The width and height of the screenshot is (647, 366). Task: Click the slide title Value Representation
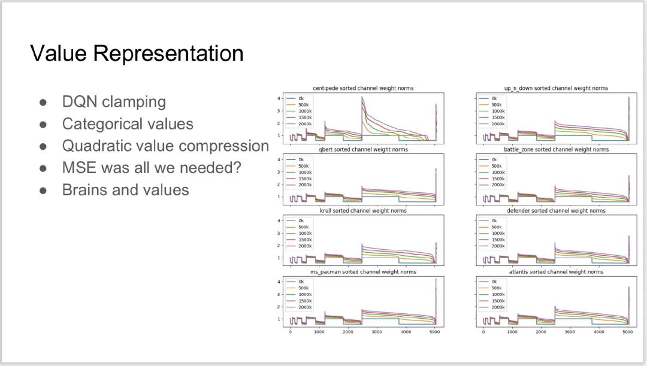click(x=137, y=54)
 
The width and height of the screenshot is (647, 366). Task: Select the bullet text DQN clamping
click(x=114, y=101)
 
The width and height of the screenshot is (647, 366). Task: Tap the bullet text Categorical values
click(x=128, y=124)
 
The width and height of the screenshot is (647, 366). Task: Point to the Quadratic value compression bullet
click(x=165, y=146)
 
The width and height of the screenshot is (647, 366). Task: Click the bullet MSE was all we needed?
click(x=152, y=168)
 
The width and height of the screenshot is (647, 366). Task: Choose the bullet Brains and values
click(x=125, y=190)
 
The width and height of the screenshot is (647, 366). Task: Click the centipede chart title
click(x=363, y=88)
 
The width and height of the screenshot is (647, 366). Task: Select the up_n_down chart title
click(x=556, y=88)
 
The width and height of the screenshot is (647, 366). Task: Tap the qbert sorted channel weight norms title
click(x=363, y=149)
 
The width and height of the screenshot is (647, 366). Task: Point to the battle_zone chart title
click(x=556, y=149)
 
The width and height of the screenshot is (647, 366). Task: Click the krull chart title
click(x=363, y=210)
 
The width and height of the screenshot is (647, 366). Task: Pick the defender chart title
click(x=556, y=210)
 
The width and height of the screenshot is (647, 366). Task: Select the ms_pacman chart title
click(x=363, y=271)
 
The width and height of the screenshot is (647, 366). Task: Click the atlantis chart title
click(x=556, y=271)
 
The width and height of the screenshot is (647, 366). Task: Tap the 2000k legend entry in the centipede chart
click(x=300, y=124)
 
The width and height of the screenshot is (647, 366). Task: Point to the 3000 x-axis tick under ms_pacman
click(x=377, y=332)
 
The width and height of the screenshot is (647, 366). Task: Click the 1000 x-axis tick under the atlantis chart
click(x=512, y=332)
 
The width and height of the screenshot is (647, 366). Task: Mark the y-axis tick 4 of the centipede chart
click(x=279, y=98)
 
